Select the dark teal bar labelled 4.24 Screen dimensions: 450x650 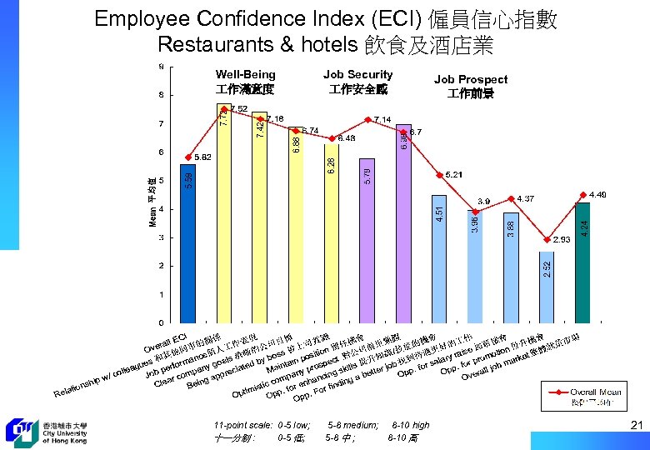click(582, 262)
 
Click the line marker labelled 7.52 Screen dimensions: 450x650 click(224, 109)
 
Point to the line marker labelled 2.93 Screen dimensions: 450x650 click(547, 239)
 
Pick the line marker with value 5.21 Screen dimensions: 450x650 click(439, 175)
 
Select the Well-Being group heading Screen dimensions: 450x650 click(245, 82)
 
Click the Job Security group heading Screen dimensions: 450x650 click(357, 82)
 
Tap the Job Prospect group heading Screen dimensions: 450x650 click(471, 86)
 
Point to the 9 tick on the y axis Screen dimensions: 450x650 click(160, 67)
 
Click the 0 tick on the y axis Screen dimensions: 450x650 click(160, 322)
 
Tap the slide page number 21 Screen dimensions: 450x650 click(637, 427)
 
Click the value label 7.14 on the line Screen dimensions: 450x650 click(382, 119)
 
